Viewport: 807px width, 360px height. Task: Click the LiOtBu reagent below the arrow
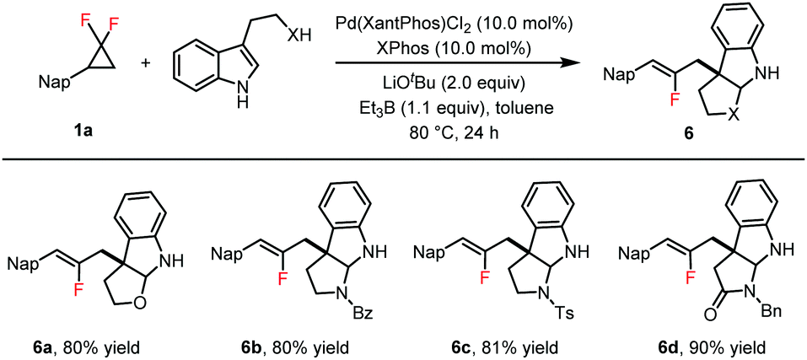click(430, 83)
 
